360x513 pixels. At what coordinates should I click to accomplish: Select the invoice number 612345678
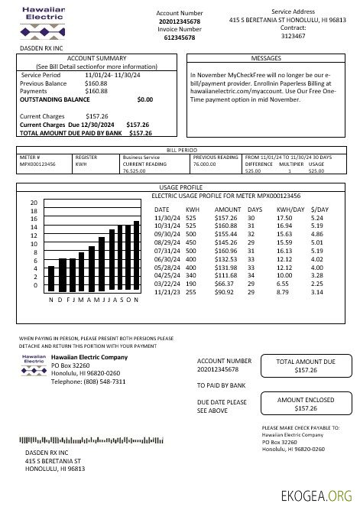pyautogui.click(x=180, y=37)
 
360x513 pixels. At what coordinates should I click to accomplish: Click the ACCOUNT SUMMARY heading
pyautogui.click(x=96, y=58)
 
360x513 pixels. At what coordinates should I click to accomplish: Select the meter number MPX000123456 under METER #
pyautogui.click(x=37, y=164)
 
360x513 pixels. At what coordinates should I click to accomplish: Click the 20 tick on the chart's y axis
pyautogui.click(x=34, y=203)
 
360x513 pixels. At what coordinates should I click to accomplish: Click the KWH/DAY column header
pyautogui.click(x=290, y=209)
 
